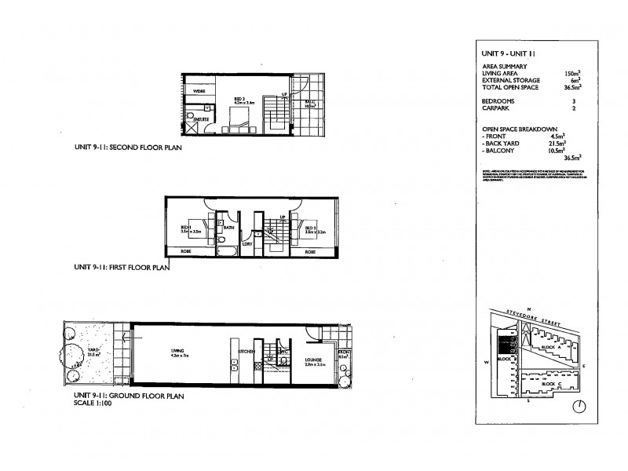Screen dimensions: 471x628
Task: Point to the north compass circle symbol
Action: [x=579, y=406]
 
